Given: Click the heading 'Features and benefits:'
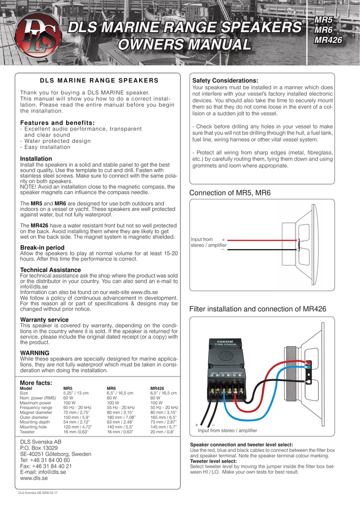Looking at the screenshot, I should [x=57, y=123].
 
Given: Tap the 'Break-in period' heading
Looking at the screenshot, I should [x=42, y=248].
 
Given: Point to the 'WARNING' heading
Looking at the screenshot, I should [x=34, y=353].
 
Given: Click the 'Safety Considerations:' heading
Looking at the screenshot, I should [x=225, y=80].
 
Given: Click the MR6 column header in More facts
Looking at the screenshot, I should [x=111, y=388].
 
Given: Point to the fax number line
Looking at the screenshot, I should [x=46, y=466].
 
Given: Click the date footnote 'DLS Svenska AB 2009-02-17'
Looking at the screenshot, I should [x=38, y=493].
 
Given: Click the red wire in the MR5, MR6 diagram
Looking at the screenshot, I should [x=263, y=240].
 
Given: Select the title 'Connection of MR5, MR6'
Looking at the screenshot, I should [x=230, y=192].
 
